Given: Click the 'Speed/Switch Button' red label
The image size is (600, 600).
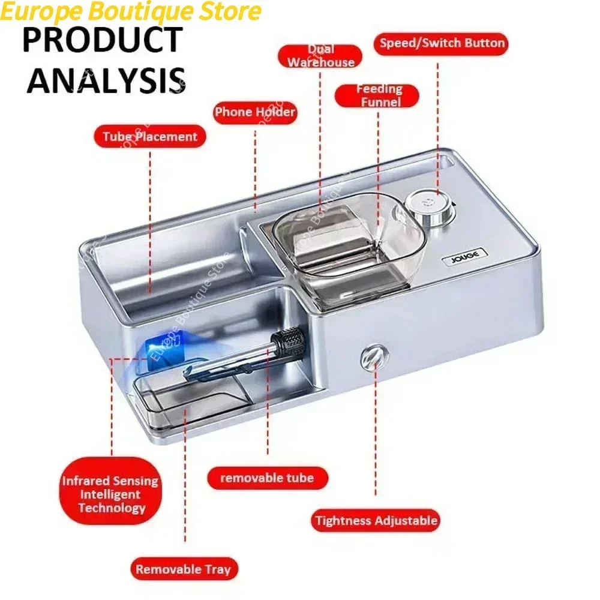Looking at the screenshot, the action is click(x=442, y=44).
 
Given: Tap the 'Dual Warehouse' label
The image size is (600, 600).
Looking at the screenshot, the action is click(x=321, y=56).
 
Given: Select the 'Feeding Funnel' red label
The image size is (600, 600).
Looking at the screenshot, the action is click(x=378, y=95).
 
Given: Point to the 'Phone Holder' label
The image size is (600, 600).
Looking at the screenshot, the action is click(x=255, y=112).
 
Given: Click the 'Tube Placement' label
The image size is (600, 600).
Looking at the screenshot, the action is click(x=149, y=137).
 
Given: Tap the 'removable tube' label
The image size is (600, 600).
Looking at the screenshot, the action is click(x=267, y=478).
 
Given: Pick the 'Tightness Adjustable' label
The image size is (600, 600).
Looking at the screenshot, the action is click(x=376, y=520).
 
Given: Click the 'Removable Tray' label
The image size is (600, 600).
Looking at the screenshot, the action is click(x=183, y=569).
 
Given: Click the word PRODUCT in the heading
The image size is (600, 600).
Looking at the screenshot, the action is click(x=102, y=40).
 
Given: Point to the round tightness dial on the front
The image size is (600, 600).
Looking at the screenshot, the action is click(x=370, y=359).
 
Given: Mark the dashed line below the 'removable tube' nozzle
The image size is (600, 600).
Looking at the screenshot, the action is click(x=268, y=408).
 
